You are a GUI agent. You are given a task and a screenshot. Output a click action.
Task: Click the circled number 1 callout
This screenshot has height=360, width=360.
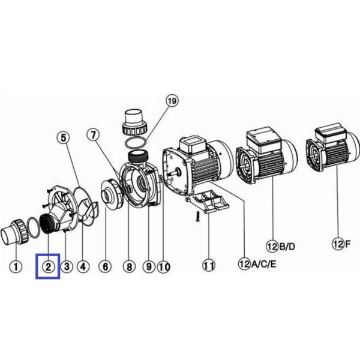(16, 267)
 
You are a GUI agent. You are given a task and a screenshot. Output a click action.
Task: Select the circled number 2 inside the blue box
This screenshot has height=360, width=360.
(48, 267)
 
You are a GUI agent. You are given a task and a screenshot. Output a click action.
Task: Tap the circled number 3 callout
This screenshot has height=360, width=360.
(67, 267)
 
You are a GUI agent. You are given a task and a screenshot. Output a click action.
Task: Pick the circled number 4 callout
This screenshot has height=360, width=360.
(83, 267)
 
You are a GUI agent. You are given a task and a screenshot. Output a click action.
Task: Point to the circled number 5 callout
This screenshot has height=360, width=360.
(63, 138)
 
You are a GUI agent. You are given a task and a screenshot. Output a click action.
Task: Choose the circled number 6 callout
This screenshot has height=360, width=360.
(105, 267)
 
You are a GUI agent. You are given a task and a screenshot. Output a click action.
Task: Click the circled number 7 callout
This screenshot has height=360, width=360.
(94, 135)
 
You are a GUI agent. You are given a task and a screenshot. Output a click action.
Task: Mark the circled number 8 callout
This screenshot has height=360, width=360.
(130, 267)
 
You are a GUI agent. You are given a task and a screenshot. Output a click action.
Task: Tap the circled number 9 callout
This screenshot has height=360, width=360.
(149, 267)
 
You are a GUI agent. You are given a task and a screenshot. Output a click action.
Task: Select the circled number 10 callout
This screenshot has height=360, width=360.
(164, 267)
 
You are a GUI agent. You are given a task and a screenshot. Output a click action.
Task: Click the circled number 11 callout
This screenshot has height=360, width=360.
(209, 266)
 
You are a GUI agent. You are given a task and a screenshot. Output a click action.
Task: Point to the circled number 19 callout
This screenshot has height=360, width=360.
(172, 101)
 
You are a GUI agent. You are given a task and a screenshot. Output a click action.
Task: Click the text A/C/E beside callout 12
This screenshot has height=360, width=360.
(264, 265)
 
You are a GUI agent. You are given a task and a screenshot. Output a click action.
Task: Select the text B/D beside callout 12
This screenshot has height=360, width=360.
(287, 247)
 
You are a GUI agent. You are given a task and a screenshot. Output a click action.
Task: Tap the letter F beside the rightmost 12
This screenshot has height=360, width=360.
(348, 244)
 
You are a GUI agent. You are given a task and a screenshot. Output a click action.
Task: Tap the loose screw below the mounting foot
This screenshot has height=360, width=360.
(197, 217)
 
